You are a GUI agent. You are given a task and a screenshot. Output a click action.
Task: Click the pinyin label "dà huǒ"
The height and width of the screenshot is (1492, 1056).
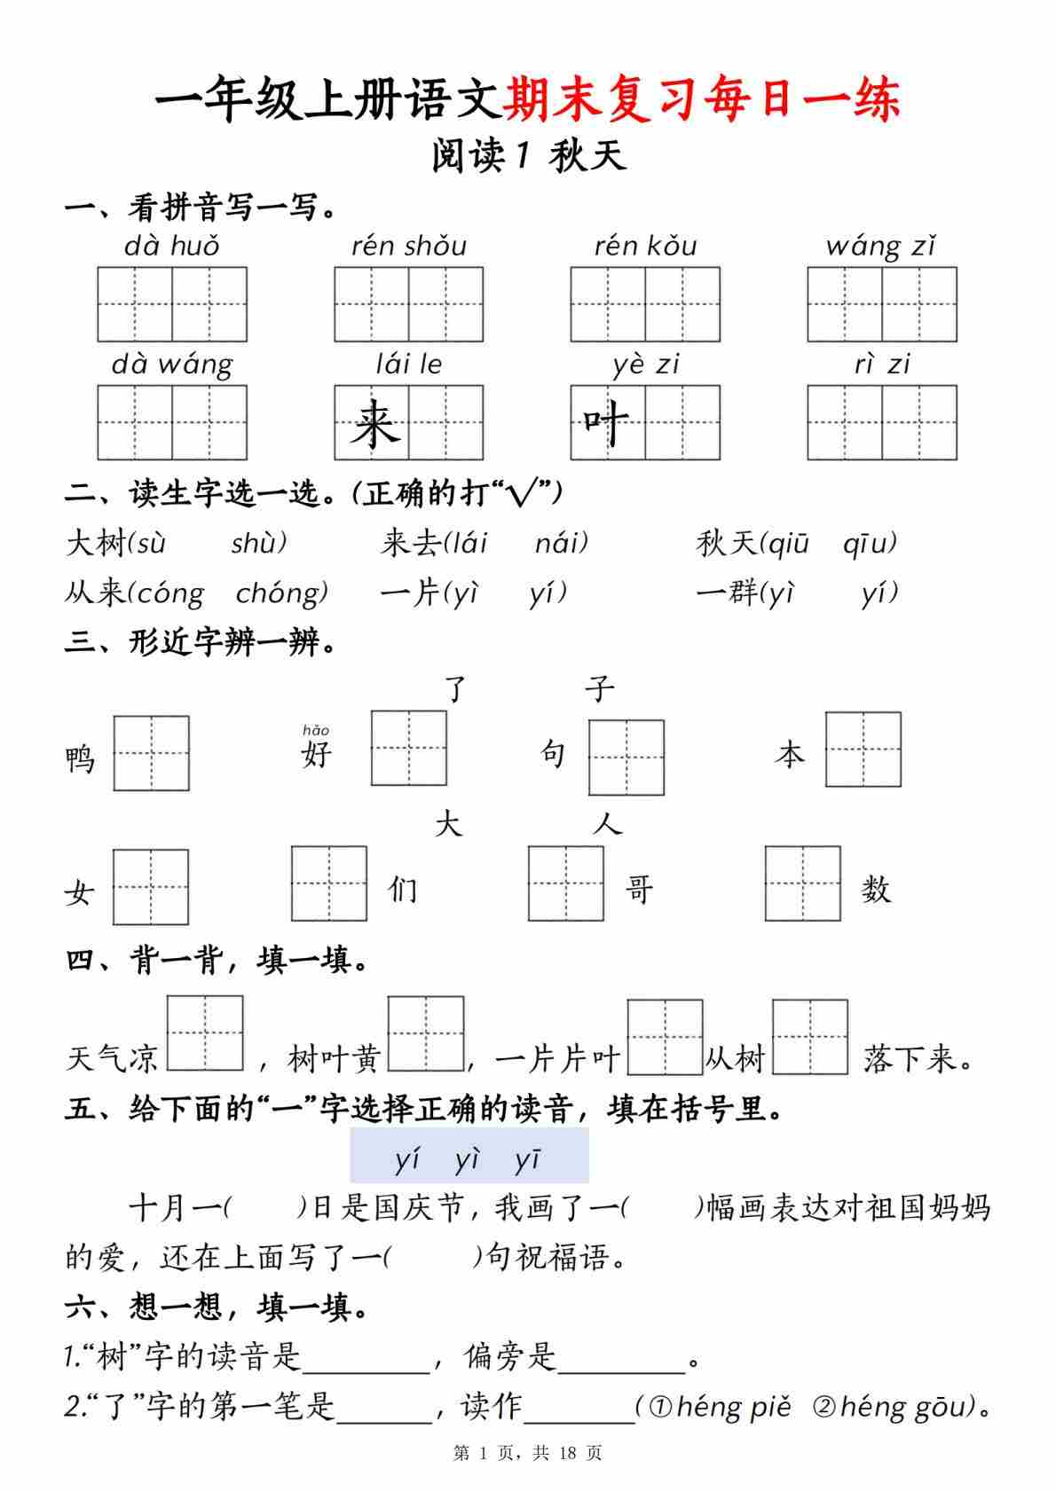pyautogui.click(x=171, y=246)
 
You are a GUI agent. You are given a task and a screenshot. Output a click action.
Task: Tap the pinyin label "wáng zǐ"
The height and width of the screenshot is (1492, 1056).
pyautogui.click(x=880, y=246)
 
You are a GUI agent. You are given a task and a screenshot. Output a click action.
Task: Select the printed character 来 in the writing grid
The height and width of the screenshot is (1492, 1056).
pyautogui.click(x=374, y=424)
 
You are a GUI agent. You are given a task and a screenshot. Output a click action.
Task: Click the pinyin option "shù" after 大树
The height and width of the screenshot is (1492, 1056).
pyautogui.click(x=259, y=543)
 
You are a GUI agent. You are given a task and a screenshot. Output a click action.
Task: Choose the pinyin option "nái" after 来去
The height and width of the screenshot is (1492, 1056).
pyautogui.click(x=561, y=543)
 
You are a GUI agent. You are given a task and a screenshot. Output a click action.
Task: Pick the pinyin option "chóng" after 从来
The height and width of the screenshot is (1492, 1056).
pyautogui.click(x=282, y=593)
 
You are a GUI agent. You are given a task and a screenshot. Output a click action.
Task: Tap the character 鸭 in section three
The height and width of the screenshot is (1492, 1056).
pyautogui.click(x=80, y=759)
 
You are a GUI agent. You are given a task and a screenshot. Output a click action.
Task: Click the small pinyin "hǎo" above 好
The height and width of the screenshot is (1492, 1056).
pyautogui.click(x=316, y=730)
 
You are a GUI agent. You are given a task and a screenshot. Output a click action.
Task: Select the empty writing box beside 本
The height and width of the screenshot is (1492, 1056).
pyautogui.click(x=863, y=750)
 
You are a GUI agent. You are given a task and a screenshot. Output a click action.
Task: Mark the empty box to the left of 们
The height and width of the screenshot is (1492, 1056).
pyautogui.click(x=329, y=883)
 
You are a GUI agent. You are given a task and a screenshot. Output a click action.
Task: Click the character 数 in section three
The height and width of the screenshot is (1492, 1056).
pyautogui.click(x=875, y=889)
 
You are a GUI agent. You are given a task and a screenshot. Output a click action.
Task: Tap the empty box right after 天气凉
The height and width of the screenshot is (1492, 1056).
pyautogui.click(x=205, y=1033)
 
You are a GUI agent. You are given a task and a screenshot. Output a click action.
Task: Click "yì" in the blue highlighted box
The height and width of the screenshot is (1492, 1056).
pyautogui.click(x=467, y=1159)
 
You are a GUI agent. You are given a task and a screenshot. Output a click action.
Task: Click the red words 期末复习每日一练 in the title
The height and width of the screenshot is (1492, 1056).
pyautogui.click(x=702, y=99)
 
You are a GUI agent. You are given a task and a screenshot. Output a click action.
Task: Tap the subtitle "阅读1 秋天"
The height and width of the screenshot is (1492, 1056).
pyautogui.click(x=529, y=156)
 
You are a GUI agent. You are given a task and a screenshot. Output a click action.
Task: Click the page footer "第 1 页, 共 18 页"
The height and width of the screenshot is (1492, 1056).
pyautogui.click(x=528, y=1453)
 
